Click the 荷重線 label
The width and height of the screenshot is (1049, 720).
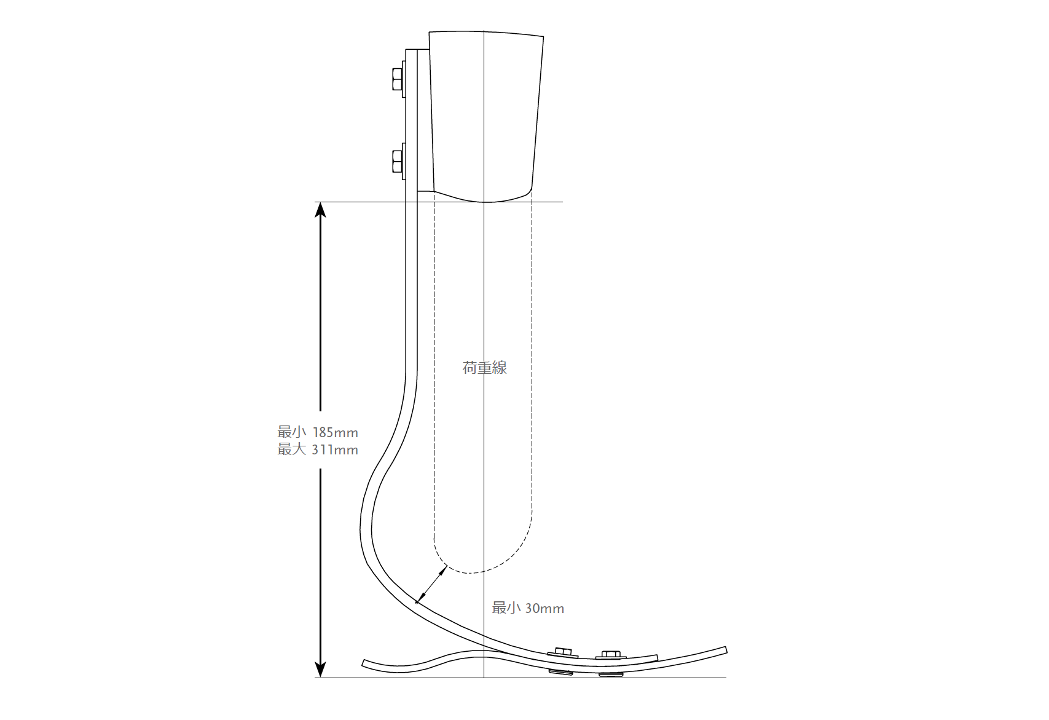pos(484,368)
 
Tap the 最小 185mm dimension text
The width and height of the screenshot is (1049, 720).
pos(318,432)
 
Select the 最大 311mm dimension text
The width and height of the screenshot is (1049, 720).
pos(318,449)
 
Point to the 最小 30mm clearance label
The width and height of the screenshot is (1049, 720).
pos(528,608)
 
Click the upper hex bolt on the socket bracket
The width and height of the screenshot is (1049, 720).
pos(398,79)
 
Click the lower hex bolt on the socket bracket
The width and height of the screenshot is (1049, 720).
pos(398,161)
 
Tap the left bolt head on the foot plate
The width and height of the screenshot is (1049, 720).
pos(563,652)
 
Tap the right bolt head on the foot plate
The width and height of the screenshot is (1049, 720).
pos(611,655)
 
